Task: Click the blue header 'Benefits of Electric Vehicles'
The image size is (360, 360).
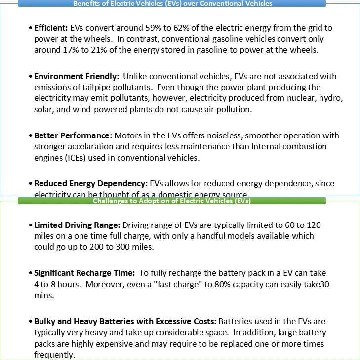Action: [x=172, y=3]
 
